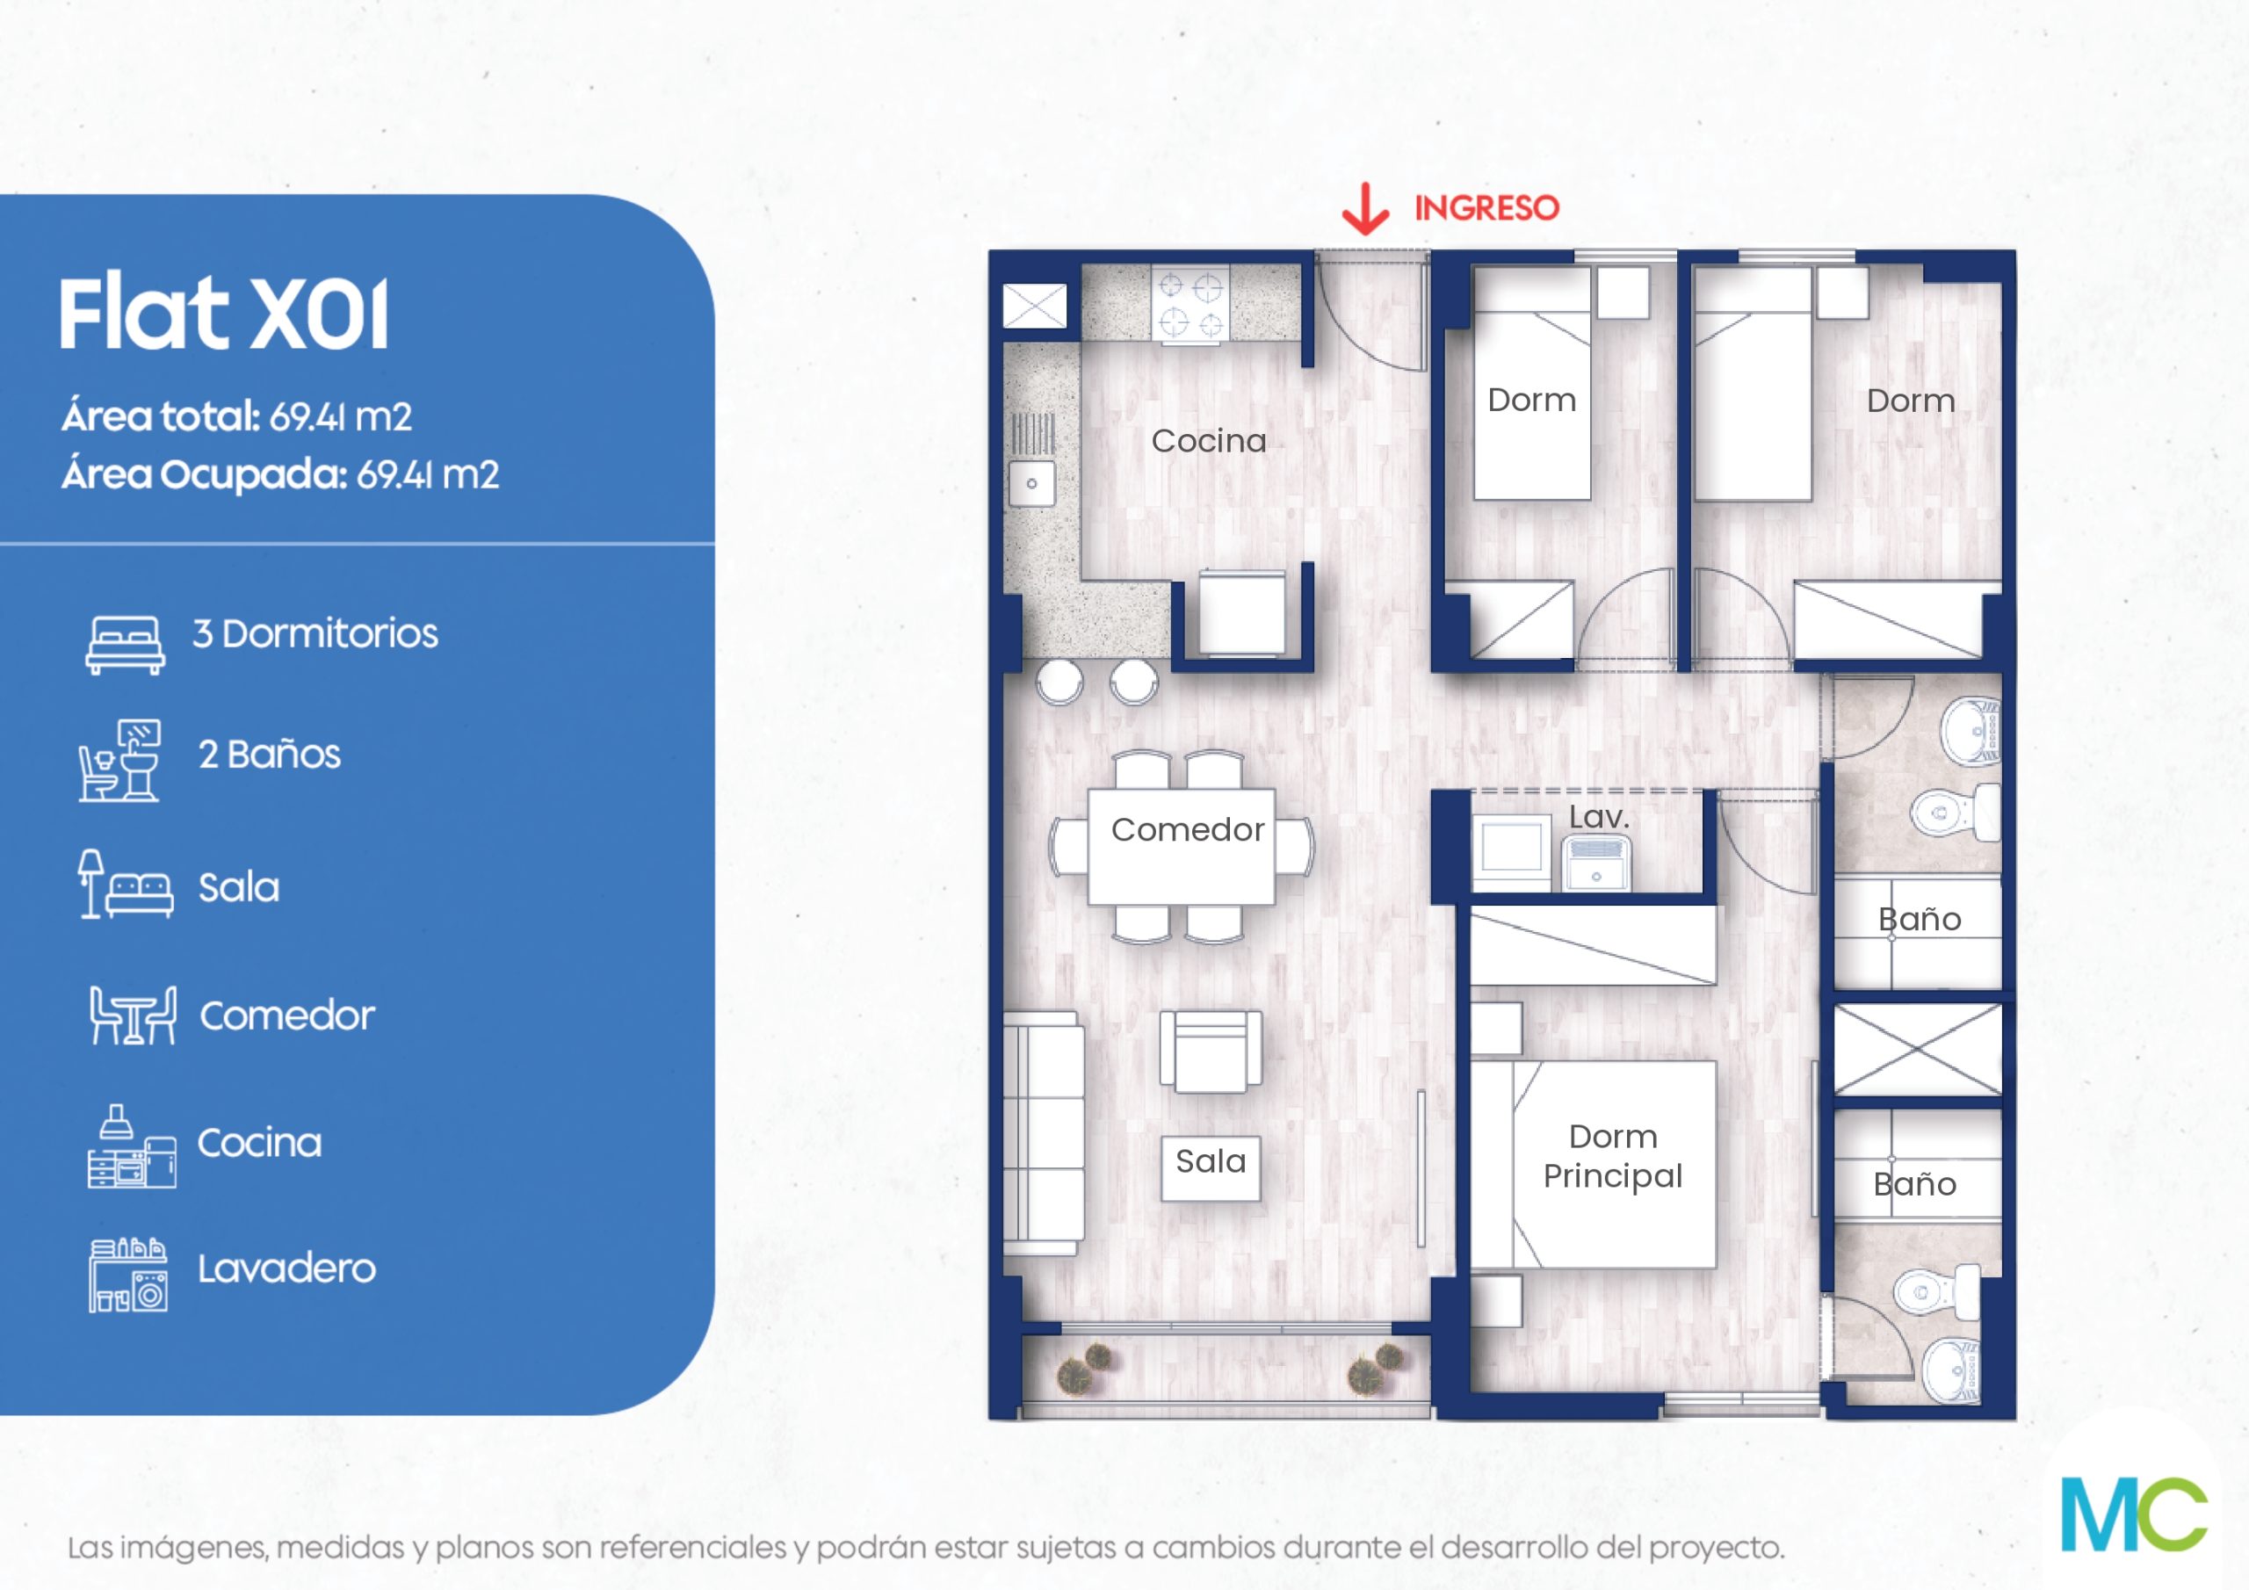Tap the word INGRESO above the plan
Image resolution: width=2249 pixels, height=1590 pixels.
(x=1486, y=207)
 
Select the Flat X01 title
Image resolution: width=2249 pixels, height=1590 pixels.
(x=223, y=314)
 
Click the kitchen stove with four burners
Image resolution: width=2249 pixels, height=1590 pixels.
(x=1190, y=305)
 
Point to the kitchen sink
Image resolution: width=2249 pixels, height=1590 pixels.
(x=1031, y=483)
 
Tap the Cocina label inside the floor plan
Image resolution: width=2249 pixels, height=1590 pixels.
(x=1208, y=441)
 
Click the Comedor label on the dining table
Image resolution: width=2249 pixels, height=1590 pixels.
(x=1187, y=830)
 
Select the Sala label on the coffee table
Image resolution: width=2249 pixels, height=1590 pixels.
(x=1211, y=1162)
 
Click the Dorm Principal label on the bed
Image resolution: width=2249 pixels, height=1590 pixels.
(x=1612, y=1156)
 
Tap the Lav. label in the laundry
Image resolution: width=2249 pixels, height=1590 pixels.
(x=1599, y=817)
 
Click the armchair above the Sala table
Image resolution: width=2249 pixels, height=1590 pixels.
(x=1211, y=1053)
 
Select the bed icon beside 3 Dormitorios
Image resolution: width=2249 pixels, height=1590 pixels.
(x=125, y=645)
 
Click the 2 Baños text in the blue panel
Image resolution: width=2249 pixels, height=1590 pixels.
(x=270, y=755)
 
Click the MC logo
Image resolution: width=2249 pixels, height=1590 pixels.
(x=2133, y=1514)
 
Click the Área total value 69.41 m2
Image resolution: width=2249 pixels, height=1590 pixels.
(x=340, y=417)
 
